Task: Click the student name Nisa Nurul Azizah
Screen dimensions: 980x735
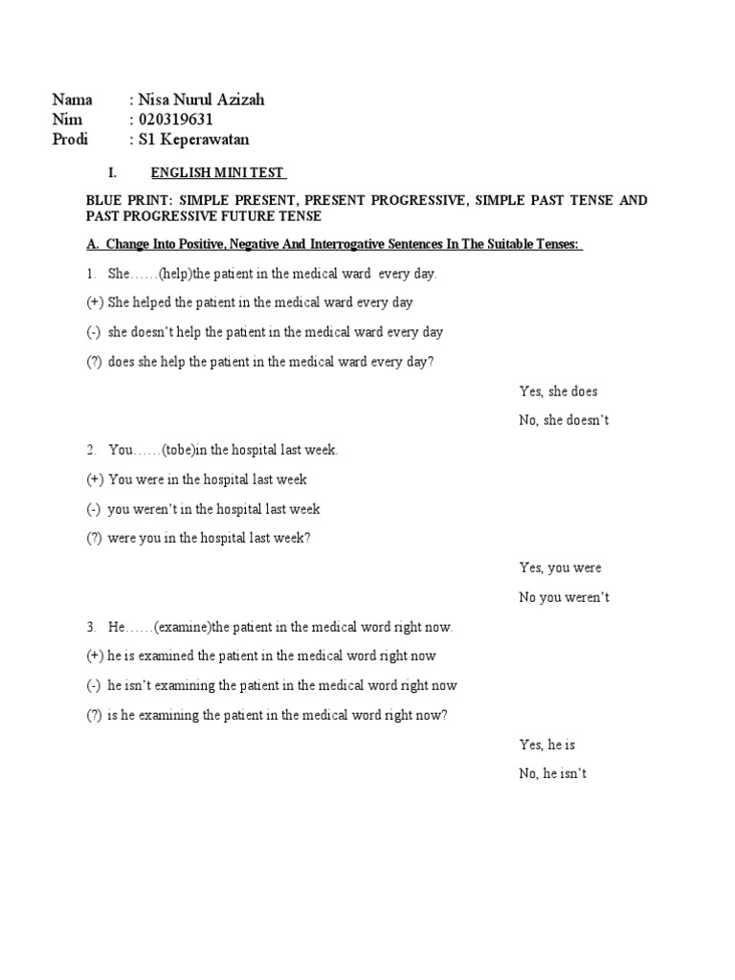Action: pyautogui.click(x=201, y=100)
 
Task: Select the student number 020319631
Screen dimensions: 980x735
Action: pyautogui.click(x=176, y=120)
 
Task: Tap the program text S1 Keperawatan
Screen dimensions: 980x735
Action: pyautogui.click(x=194, y=140)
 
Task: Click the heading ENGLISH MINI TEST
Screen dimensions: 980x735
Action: pyautogui.click(x=218, y=173)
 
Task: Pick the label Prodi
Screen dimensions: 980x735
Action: pyautogui.click(x=70, y=140)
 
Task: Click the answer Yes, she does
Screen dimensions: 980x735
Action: pyautogui.click(x=558, y=391)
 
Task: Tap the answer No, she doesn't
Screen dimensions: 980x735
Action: pyautogui.click(x=564, y=420)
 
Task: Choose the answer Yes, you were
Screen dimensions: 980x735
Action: pyautogui.click(x=560, y=568)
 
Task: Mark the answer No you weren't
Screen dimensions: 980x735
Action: pyautogui.click(x=564, y=597)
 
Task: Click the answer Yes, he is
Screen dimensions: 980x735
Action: pyautogui.click(x=546, y=744)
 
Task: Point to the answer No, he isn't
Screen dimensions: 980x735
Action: pyautogui.click(x=552, y=773)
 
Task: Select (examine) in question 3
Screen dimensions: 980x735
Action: pyautogui.click(x=182, y=627)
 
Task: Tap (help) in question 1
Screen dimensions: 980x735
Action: pyautogui.click(x=176, y=274)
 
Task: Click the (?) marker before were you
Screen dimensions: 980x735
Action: pyautogui.click(x=94, y=538)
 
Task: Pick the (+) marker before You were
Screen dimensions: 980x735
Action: pyautogui.click(x=95, y=479)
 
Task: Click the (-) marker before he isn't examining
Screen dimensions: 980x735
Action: pyautogui.click(x=94, y=685)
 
